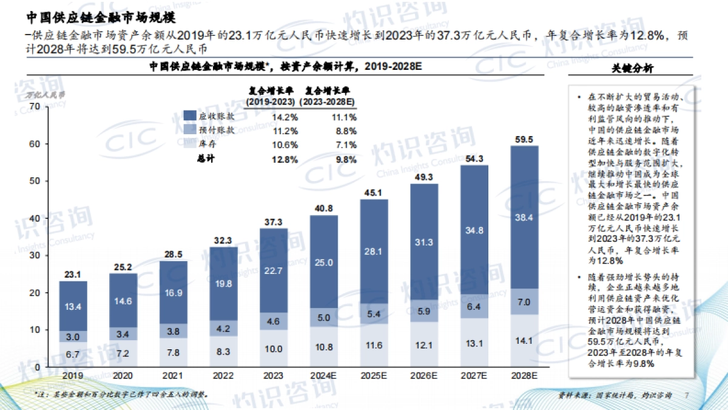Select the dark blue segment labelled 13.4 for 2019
pos(73,307)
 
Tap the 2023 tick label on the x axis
pos(274,376)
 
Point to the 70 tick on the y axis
pos(34,106)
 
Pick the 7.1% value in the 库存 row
pos(346,145)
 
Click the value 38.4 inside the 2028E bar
pos(525,217)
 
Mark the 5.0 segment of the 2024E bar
pos(324,317)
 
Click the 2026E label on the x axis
pos(425,376)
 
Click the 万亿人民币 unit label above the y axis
pos(45,95)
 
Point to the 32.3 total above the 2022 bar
pos(223,241)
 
